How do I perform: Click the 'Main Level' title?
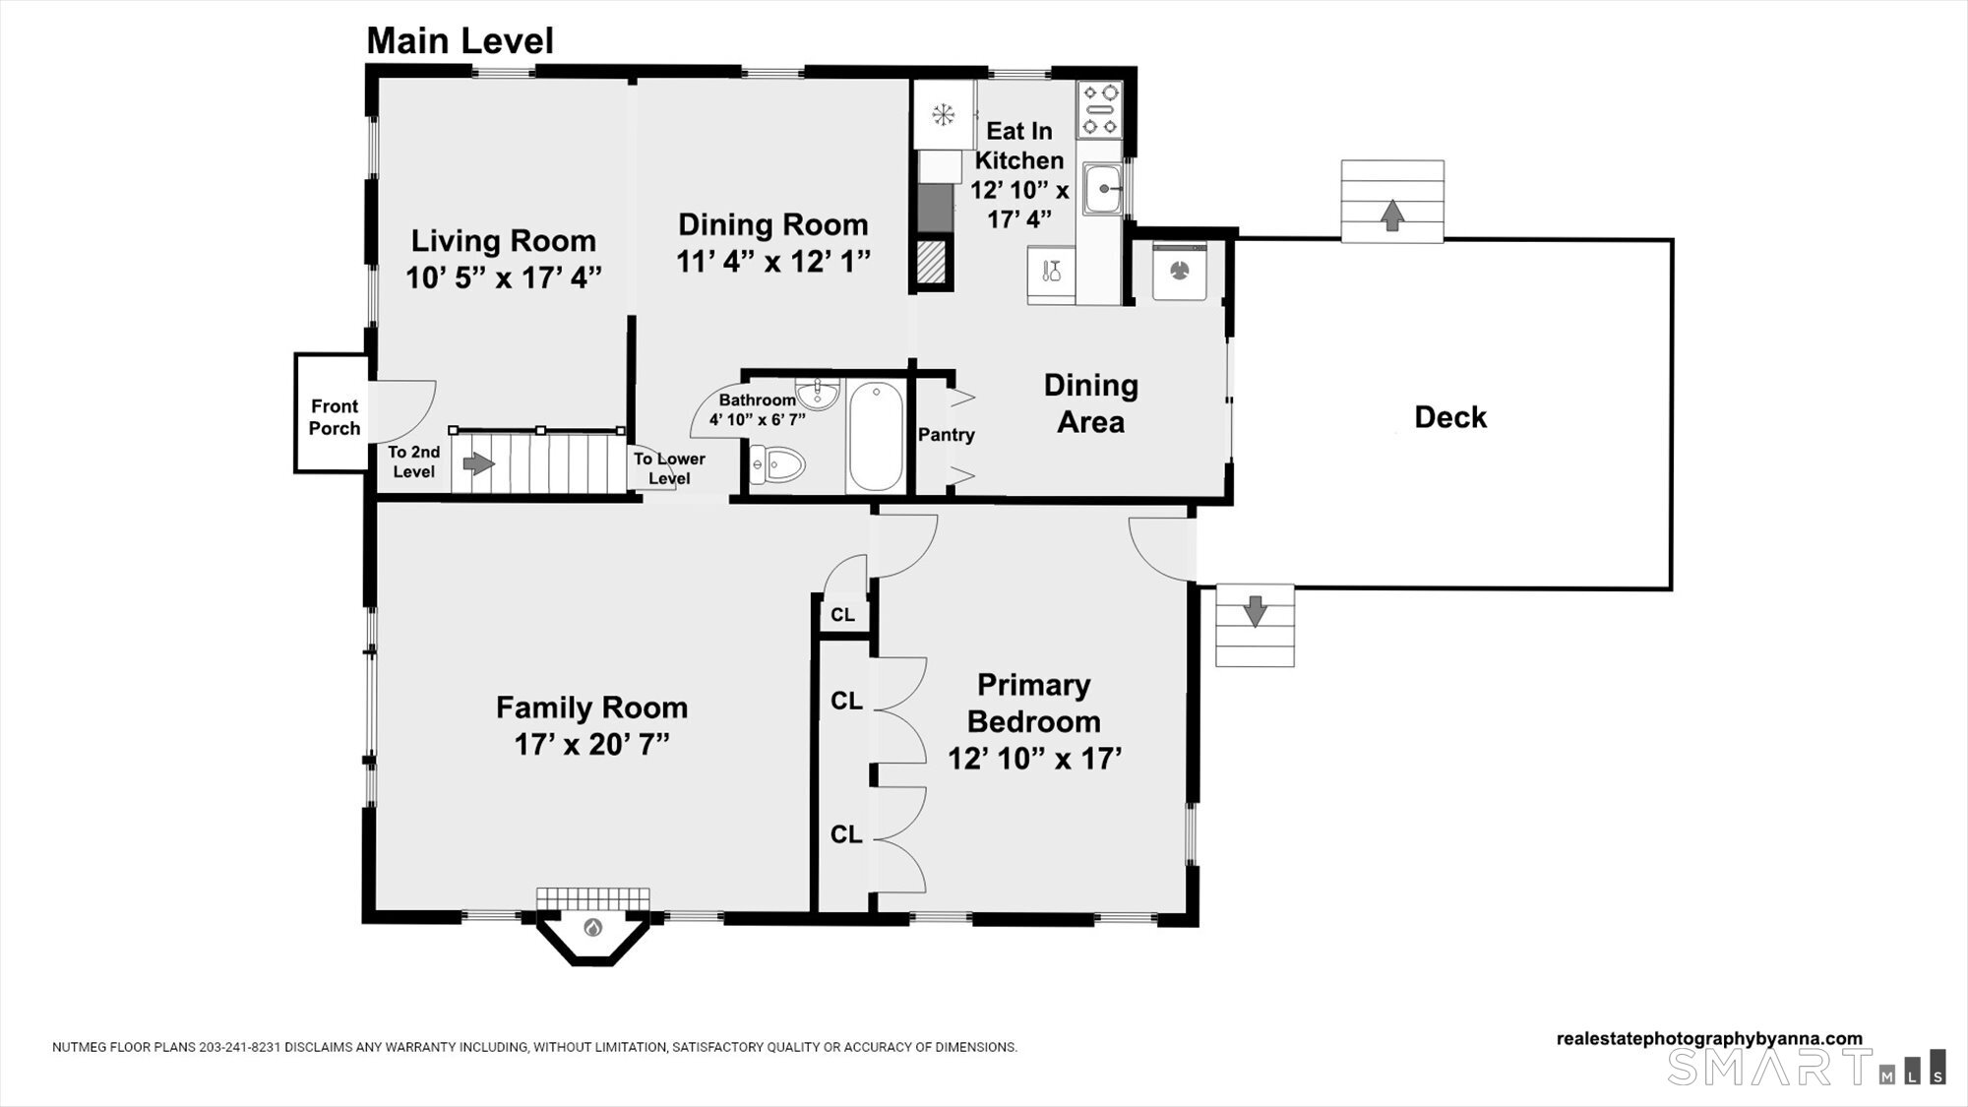pyautogui.click(x=460, y=41)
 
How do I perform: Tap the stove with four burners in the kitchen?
pyautogui.click(x=1100, y=109)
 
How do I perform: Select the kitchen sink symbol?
pyautogui.click(x=1105, y=189)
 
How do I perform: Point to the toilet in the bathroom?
pyautogui.click(x=777, y=463)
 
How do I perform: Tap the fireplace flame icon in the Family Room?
pyautogui.click(x=592, y=927)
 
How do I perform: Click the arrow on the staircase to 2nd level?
pyautogui.click(x=479, y=462)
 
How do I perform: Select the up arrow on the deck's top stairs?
pyautogui.click(x=1391, y=215)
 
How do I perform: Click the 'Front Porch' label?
pyautogui.click(x=335, y=417)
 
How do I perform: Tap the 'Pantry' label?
pyautogui.click(x=947, y=435)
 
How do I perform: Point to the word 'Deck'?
pyautogui.click(x=1450, y=417)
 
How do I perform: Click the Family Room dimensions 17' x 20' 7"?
pyautogui.click(x=592, y=744)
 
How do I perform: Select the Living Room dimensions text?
pyautogui.click(x=504, y=277)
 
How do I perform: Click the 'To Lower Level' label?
pyautogui.click(x=669, y=468)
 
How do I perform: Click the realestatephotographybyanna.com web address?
pyautogui.click(x=1709, y=1039)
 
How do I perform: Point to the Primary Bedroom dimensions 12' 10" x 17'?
pyautogui.click(x=1035, y=759)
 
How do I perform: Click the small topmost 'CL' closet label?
pyautogui.click(x=843, y=615)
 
